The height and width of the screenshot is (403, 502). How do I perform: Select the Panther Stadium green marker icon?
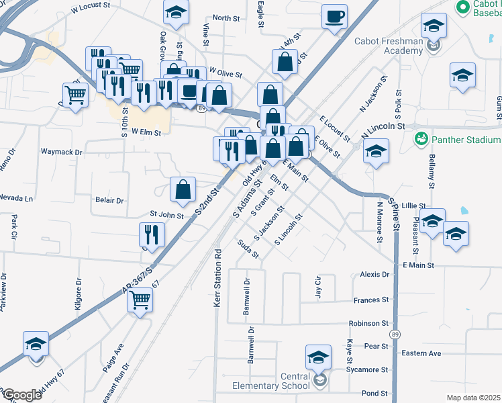pos(421,139)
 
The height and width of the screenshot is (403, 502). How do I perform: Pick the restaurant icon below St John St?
pos(152,235)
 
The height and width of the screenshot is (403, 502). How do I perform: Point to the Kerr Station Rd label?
pos(217,278)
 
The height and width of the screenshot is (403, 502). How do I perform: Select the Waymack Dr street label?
pos(61,152)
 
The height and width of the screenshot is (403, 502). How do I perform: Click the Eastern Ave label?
pos(421,353)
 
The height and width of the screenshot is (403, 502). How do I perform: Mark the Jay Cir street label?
pos(319,287)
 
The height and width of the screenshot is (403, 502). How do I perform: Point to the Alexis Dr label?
pos(374,275)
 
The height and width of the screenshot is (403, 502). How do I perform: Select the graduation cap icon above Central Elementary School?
pos(318,357)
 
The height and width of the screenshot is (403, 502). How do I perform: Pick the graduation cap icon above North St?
pos(176,12)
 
